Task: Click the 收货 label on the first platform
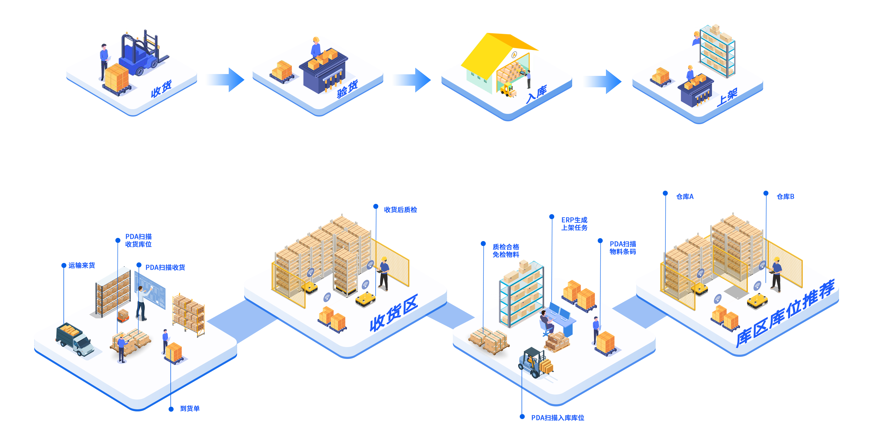(161, 89)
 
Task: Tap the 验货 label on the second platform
(347, 89)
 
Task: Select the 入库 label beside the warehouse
(536, 94)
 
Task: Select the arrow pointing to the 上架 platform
(602, 81)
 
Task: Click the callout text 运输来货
(81, 265)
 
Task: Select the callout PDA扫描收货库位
(138, 240)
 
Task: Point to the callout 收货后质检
(400, 210)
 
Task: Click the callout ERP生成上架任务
(574, 224)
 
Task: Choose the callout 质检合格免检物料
(506, 251)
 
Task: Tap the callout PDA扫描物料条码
(622, 248)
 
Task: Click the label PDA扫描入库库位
(557, 417)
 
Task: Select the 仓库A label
(685, 196)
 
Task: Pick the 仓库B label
(785, 196)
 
